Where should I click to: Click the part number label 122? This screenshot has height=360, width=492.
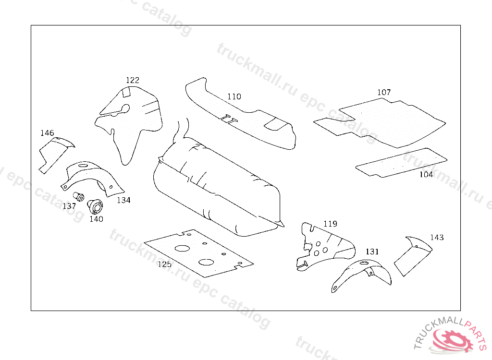[133, 80]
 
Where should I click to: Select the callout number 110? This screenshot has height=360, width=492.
[234, 96]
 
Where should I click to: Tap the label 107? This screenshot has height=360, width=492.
[384, 92]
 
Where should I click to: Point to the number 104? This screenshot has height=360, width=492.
[426, 174]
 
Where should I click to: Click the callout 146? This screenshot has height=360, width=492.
[47, 133]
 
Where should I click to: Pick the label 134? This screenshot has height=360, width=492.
[123, 200]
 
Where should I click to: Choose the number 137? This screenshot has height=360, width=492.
[69, 206]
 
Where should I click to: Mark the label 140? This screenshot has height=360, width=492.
[96, 219]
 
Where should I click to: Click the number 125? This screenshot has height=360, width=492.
[164, 264]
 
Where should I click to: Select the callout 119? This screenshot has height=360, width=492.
[330, 224]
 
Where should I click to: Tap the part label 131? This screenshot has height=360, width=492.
[372, 252]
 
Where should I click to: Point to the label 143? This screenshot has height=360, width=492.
[437, 238]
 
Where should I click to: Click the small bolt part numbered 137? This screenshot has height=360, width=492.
[78, 196]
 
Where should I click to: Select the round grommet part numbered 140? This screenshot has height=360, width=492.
[95, 207]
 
